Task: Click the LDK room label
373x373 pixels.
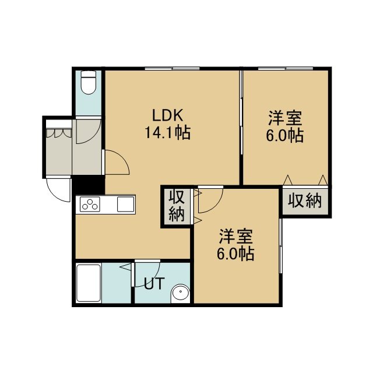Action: [x=167, y=115]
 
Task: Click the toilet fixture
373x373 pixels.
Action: [x=88, y=83]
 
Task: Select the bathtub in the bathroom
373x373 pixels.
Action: [x=88, y=283]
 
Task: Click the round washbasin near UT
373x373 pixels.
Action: [x=181, y=293]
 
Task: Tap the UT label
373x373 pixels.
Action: [x=154, y=283]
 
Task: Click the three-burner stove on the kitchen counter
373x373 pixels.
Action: [x=90, y=205]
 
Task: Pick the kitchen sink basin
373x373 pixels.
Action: [x=126, y=205]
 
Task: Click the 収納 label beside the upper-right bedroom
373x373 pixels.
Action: [x=305, y=200]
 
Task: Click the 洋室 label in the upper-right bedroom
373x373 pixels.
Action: [x=285, y=118]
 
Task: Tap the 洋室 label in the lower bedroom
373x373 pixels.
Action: [x=235, y=237]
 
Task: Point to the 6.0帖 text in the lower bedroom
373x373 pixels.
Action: [x=235, y=254]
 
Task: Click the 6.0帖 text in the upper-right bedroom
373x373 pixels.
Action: [x=285, y=136]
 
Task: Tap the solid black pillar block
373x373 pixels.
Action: [x=89, y=185]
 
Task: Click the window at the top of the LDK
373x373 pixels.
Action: [x=173, y=69]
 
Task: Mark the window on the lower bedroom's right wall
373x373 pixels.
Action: [x=281, y=246]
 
